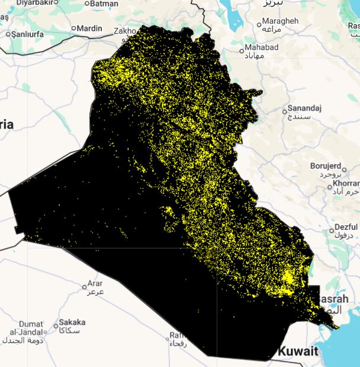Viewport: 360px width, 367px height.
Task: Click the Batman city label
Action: click(x=105, y=4)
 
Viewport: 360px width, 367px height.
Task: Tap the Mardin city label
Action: click(x=91, y=28)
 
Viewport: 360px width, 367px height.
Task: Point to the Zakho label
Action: click(x=125, y=31)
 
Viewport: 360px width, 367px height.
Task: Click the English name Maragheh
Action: click(x=281, y=21)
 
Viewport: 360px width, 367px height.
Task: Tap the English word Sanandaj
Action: click(x=304, y=108)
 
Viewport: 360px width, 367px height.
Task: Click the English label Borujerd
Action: click(x=326, y=165)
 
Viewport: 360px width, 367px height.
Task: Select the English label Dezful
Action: click(x=346, y=226)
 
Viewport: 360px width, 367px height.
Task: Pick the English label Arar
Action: click(x=95, y=283)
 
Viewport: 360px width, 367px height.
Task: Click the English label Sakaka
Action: click(x=72, y=323)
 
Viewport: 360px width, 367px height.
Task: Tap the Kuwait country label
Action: click(x=299, y=350)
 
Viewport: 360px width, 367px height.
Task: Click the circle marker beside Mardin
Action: click(x=74, y=28)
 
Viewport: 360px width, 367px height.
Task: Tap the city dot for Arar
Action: click(x=84, y=286)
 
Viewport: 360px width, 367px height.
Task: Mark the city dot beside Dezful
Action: click(x=330, y=229)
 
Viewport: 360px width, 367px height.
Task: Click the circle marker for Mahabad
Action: click(x=242, y=50)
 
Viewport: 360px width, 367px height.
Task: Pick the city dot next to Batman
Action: click(x=87, y=4)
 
